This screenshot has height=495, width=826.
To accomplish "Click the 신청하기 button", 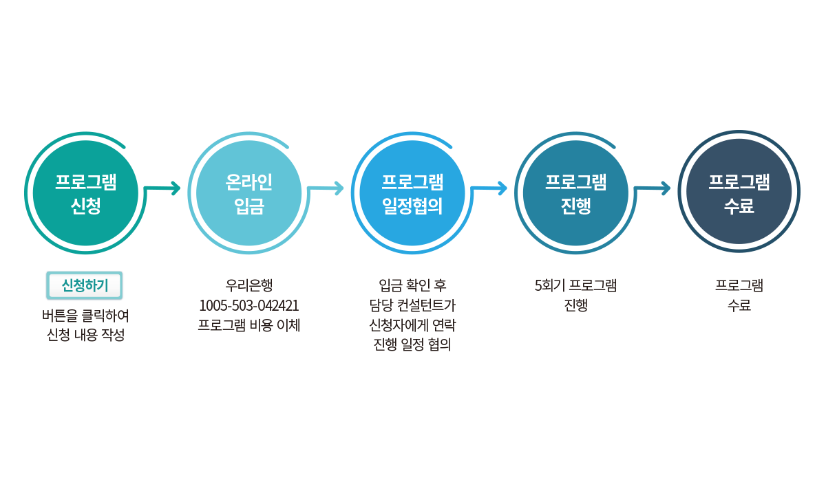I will point(85,285).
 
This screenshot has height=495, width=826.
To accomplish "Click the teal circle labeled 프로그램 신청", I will point(85,193).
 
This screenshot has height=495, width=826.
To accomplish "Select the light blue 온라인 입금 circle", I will point(248,193).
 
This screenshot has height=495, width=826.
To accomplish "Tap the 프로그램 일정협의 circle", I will point(412,193).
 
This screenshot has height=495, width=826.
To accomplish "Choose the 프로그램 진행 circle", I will point(575,193).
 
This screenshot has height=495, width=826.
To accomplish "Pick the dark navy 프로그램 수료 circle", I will point(739,193).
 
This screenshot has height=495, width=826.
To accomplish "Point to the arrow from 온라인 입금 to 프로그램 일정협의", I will point(327,188).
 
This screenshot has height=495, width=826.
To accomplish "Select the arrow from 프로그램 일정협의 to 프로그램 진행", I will point(490,188).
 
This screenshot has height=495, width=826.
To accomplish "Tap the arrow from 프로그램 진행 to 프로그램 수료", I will point(654,188).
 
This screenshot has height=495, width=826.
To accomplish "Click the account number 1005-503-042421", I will point(248,305).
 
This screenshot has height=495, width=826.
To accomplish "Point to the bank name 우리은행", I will point(248,285).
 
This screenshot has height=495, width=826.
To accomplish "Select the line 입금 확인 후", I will point(412,285).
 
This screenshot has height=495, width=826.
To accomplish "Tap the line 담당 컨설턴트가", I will point(412,305).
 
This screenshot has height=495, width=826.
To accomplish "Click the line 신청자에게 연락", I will point(412,324).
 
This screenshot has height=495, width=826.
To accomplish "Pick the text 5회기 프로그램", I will point(575,285).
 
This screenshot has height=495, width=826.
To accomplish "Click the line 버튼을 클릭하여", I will point(85,316).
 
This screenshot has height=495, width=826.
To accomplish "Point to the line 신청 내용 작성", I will point(85,335).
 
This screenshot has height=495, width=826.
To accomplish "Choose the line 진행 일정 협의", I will point(412,344).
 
